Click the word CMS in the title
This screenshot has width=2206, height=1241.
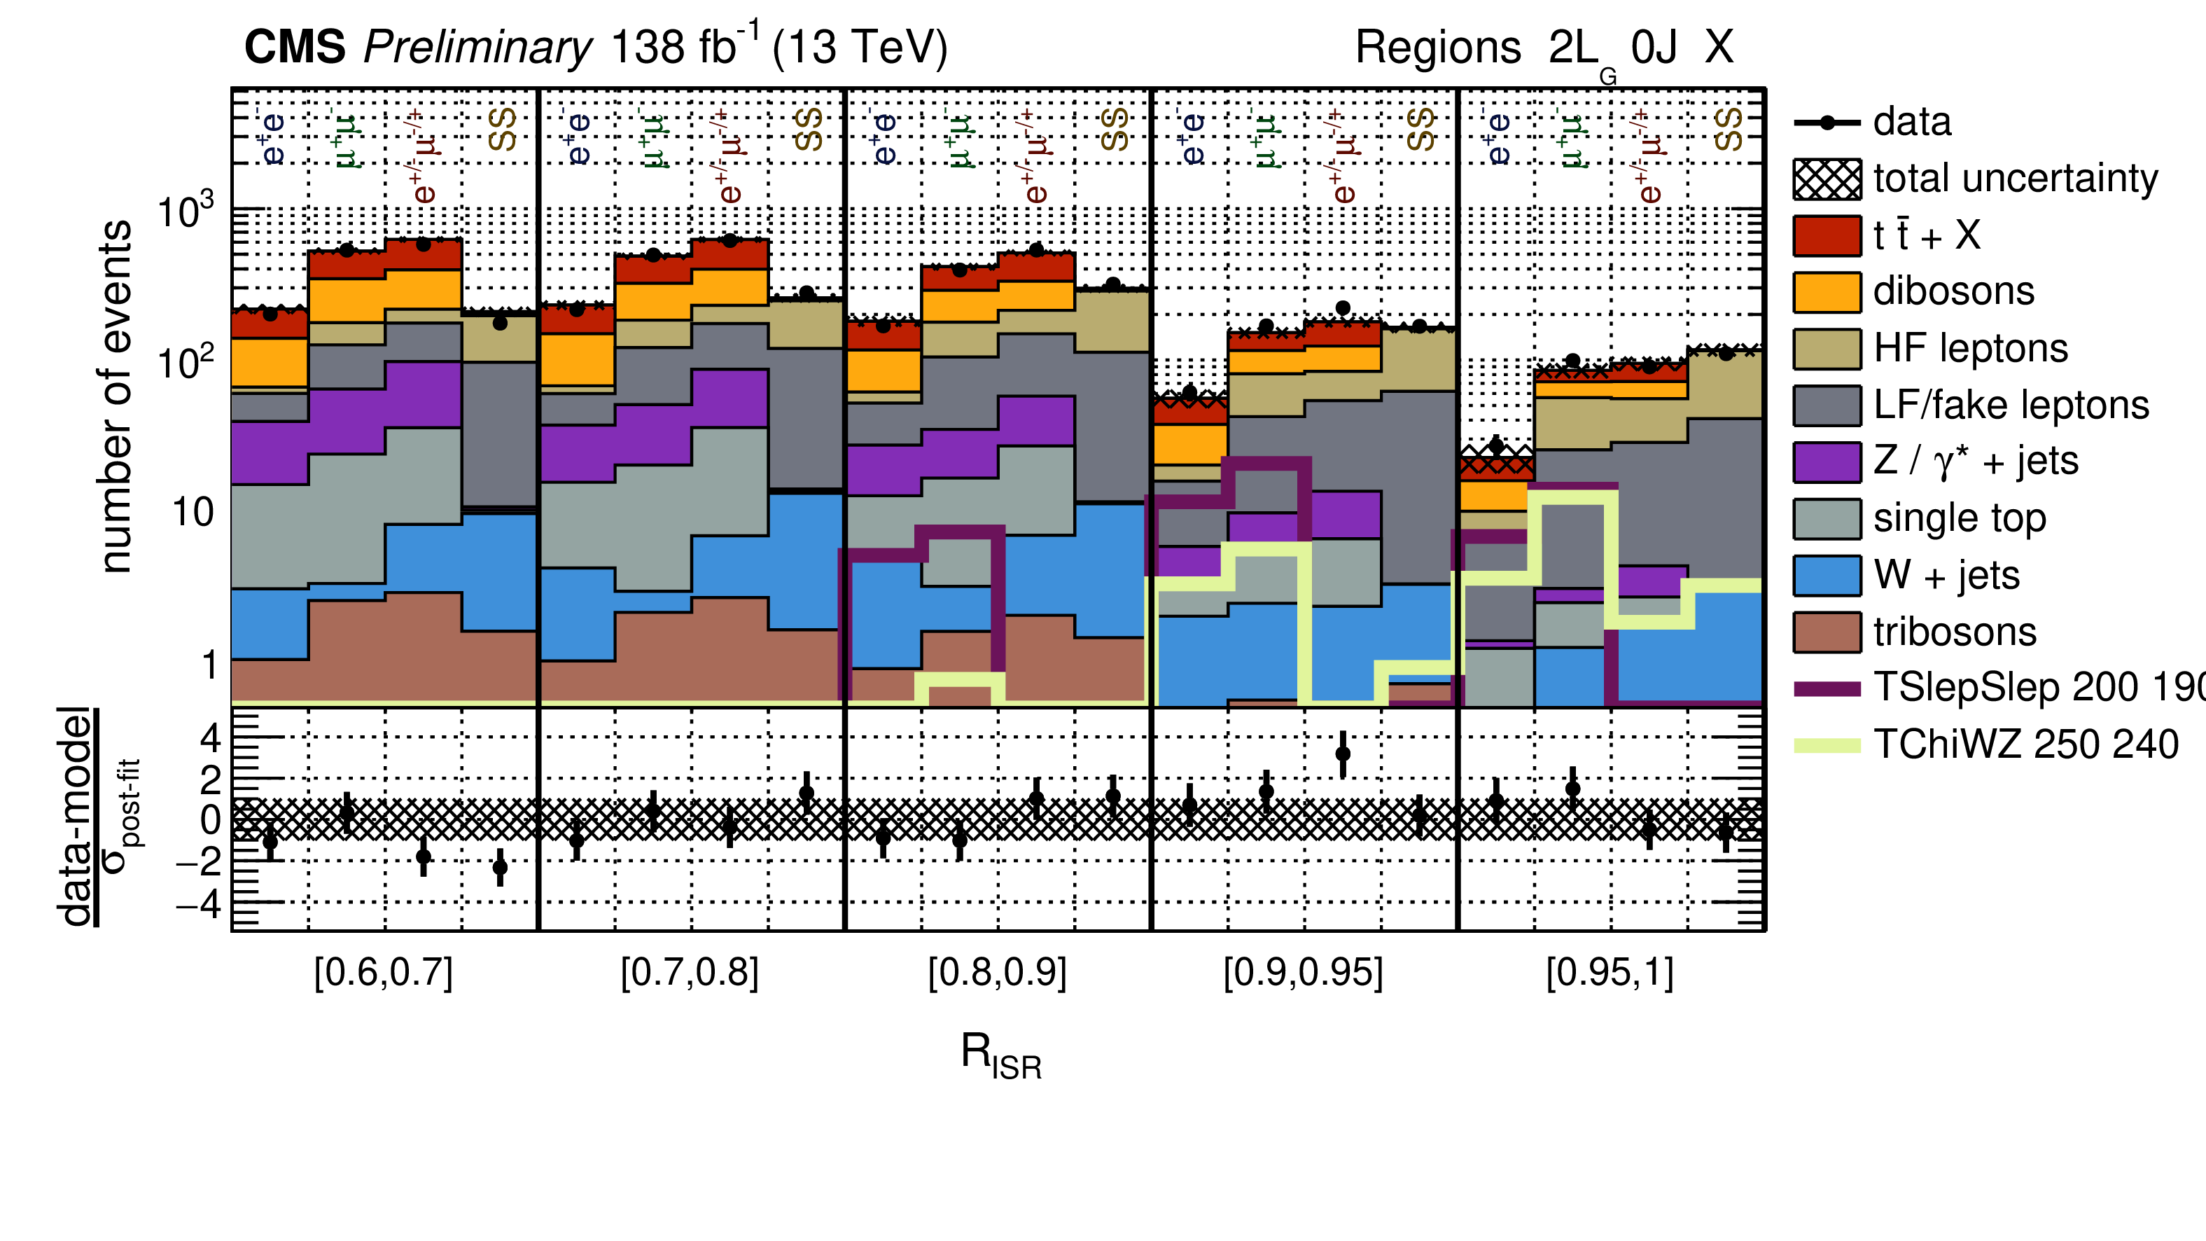pos(295,46)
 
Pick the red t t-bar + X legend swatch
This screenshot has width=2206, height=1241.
pos(1827,235)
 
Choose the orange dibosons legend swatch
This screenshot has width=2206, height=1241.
pos(1827,292)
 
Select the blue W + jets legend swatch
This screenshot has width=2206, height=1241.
pos(1827,576)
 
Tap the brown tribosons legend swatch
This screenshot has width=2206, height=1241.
pos(1827,632)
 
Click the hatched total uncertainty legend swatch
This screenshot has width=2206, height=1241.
pos(1827,179)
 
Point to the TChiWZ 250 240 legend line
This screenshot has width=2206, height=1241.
pos(1827,745)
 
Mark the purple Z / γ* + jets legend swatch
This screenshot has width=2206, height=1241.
pos(1827,462)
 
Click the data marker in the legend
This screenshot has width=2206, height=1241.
pos(1827,123)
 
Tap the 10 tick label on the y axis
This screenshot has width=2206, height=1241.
pos(193,512)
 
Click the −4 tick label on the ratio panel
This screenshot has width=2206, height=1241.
pos(199,903)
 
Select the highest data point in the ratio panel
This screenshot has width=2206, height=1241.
pos(1343,754)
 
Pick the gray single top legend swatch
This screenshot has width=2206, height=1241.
pos(1827,519)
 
